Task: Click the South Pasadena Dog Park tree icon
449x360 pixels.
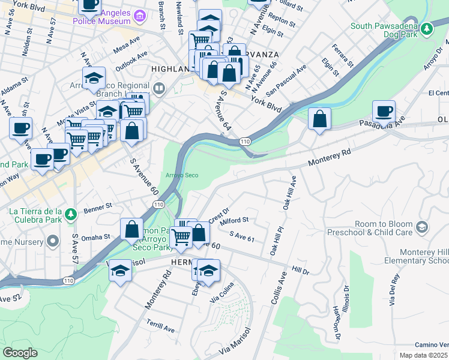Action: tap(427, 28)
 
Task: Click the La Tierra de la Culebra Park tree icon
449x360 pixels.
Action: tap(71, 214)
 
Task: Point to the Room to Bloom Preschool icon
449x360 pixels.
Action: tap(423, 227)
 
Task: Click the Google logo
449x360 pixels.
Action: tap(20, 353)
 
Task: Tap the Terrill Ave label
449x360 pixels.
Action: tap(161, 326)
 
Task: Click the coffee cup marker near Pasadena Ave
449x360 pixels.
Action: tap(384, 112)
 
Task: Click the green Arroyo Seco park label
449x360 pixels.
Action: tap(182, 175)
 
